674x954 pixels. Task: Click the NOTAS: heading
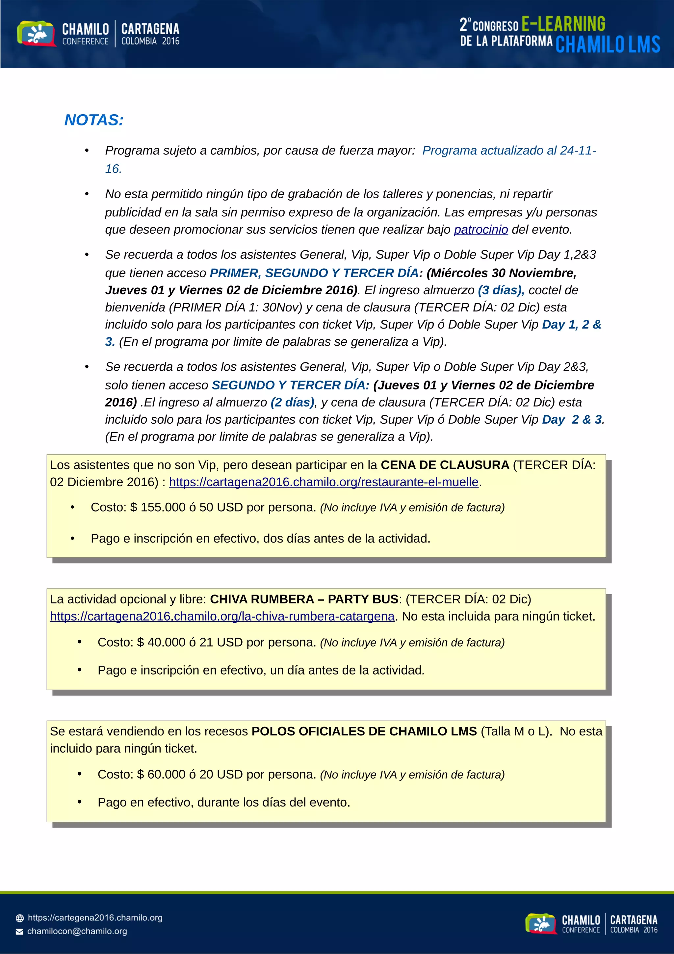pos(94,120)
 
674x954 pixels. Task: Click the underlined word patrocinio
pos(480,229)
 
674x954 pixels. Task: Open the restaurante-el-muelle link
pos(324,482)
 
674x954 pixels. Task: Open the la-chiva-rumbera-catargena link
pos(222,616)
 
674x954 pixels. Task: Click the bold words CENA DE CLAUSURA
pos(445,465)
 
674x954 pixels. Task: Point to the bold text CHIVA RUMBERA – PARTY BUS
pos(304,599)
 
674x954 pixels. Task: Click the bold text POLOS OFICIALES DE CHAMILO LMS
pos(364,731)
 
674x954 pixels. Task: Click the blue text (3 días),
pos(501,290)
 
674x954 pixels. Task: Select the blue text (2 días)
pos(292,402)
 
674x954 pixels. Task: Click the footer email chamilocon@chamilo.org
pos(77,931)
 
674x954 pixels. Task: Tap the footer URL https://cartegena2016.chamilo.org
pos(95,917)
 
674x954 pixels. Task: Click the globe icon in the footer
pos(19,918)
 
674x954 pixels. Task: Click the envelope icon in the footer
pos(19,932)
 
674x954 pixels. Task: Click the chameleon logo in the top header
pos(36,34)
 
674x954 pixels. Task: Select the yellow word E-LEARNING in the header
pos(563,24)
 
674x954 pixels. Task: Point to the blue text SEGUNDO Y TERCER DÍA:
pos(290,385)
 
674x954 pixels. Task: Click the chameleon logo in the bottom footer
pos(540,923)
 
